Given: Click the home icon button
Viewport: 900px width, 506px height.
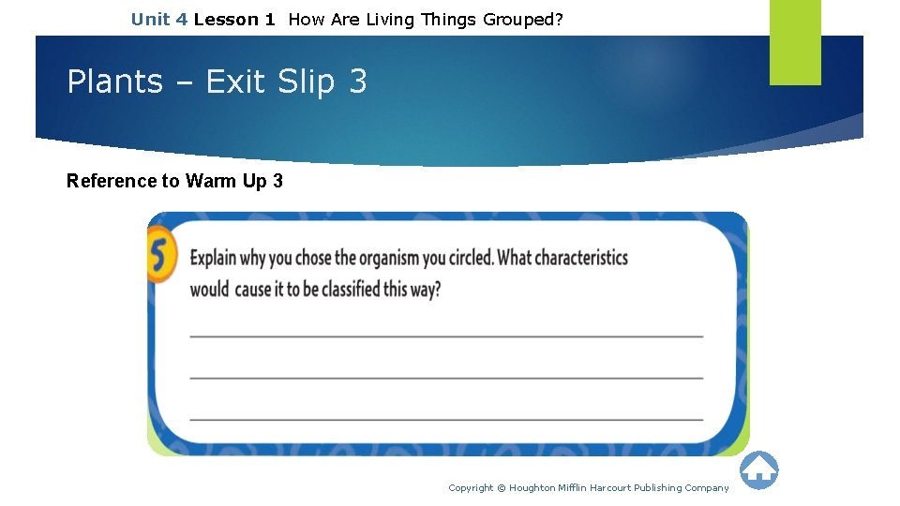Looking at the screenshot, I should (758, 470).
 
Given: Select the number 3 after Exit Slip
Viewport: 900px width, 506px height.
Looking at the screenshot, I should (357, 82).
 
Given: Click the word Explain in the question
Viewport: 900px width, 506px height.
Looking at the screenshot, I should (213, 258).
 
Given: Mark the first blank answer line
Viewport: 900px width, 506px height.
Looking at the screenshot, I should (446, 335).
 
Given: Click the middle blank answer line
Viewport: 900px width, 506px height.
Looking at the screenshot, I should (446, 378).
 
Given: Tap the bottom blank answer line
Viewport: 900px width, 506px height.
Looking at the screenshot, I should (446, 419).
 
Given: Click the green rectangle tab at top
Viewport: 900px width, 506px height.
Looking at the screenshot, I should (795, 41).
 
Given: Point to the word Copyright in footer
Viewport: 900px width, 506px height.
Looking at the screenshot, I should (471, 487).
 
